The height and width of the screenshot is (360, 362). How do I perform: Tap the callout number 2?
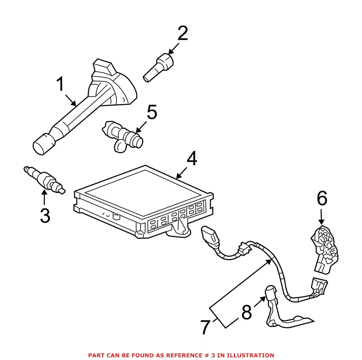pyautogui.click(x=183, y=34)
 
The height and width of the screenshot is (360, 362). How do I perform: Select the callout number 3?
pyautogui.click(x=45, y=215)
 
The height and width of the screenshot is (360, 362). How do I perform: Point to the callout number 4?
pyautogui.click(x=192, y=160)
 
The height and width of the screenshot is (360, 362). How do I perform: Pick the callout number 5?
pyautogui.click(x=152, y=112)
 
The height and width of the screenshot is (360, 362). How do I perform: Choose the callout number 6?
pyautogui.click(x=322, y=198)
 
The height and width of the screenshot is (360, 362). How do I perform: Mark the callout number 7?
pyautogui.click(x=205, y=327)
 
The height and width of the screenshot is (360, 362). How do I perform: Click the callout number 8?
pyautogui.click(x=247, y=312)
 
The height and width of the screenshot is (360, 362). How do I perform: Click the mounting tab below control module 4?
pyautogui.click(x=180, y=230)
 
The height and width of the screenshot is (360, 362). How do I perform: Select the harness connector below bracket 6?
pyautogui.click(x=318, y=286)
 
